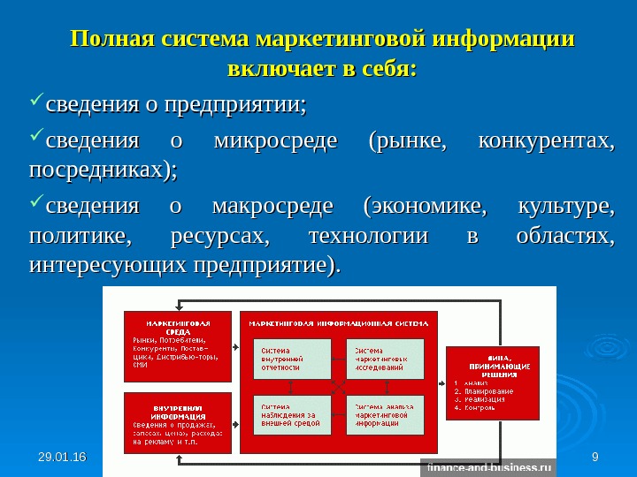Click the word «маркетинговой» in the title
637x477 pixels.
[x=342, y=41]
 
